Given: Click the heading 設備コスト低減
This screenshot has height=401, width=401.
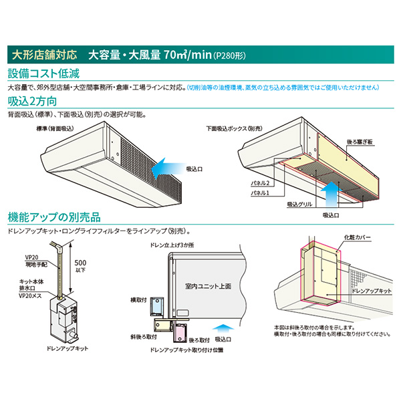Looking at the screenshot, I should pyautogui.click(x=45, y=72).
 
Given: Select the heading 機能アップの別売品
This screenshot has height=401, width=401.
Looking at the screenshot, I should pyautogui.click(x=53, y=217).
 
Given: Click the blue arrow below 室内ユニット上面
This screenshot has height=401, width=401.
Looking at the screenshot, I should pyautogui.click(x=226, y=327).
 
